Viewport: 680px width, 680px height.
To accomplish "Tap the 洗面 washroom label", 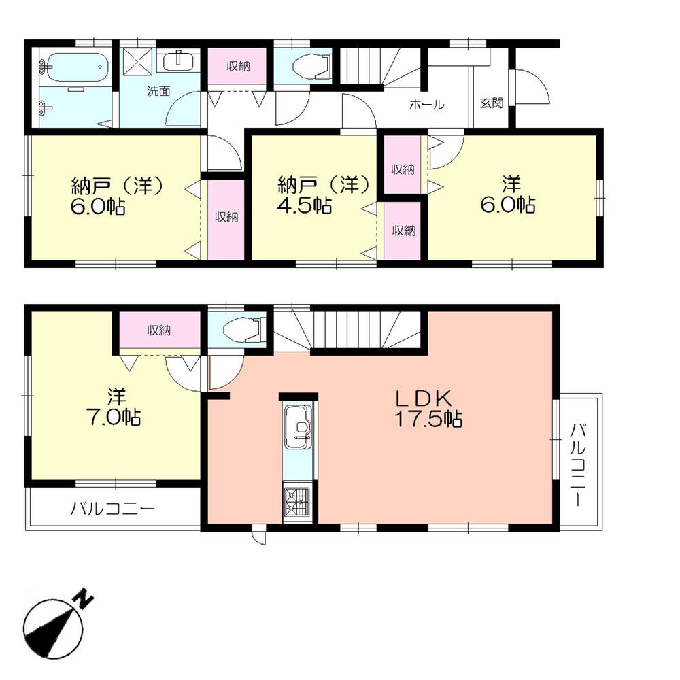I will pos(158,91).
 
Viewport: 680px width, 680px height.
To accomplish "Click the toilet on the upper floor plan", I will pos(309,66).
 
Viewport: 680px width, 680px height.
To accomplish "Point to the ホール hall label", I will pos(426,105).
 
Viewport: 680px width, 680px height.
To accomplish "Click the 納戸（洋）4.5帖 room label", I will pos(324,194).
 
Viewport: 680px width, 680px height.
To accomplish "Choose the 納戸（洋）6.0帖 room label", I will pos(116,195).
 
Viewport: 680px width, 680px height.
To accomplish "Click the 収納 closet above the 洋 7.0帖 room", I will pos(160,330).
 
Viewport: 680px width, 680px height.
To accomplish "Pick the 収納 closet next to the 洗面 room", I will pos(238,67).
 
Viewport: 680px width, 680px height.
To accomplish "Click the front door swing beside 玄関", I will pos(532,86).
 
